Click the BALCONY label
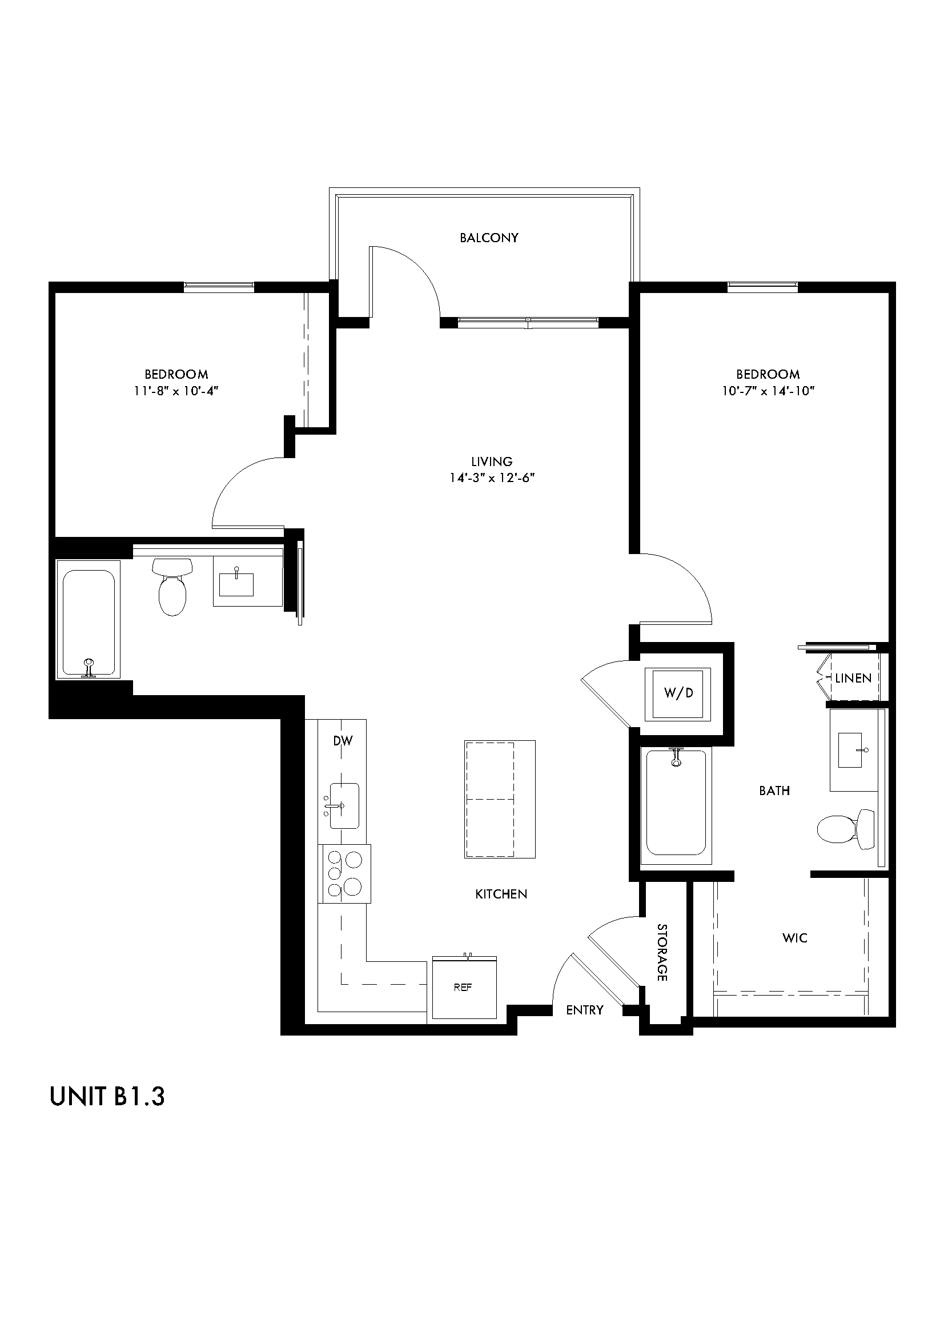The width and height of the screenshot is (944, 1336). pyautogui.click(x=489, y=238)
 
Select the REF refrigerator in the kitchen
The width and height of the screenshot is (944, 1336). pyautogui.click(x=464, y=988)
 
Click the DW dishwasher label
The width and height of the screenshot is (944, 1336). pyautogui.click(x=343, y=741)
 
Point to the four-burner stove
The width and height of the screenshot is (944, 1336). pyautogui.click(x=344, y=873)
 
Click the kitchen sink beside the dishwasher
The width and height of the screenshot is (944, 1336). pyautogui.click(x=344, y=806)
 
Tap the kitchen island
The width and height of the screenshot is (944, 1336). pyautogui.click(x=499, y=799)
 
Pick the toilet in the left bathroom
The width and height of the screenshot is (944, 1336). pyautogui.click(x=172, y=586)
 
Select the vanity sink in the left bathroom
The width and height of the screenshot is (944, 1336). pyautogui.click(x=237, y=584)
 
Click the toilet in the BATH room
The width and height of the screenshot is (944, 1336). pyautogui.click(x=846, y=829)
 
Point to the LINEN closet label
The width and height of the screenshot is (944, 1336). pyautogui.click(x=853, y=678)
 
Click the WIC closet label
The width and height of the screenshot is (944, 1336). pyautogui.click(x=794, y=937)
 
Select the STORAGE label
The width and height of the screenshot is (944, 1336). pyautogui.click(x=662, y=952)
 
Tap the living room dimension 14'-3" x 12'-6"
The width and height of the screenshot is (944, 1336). pyautogui.click(x=492, y=478)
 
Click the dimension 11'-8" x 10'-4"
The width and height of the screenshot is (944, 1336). pyautogui.click(x=176, y=391)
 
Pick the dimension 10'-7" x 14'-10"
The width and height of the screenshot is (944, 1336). pyautogui.click(x=768, y=391)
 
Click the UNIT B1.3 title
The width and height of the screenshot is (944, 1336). pyautogui.click(x=107, y=1096)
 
